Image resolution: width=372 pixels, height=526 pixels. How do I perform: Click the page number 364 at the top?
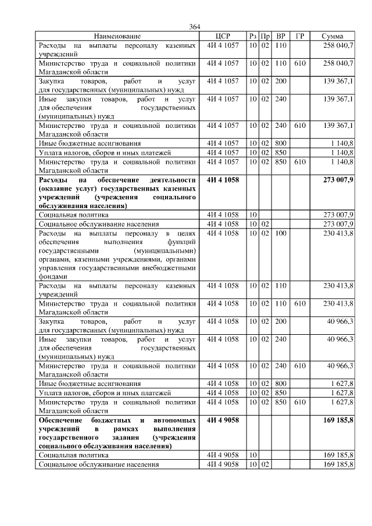[x=194, y=27]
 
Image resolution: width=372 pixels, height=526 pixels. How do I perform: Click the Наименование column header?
[x=117, y=36]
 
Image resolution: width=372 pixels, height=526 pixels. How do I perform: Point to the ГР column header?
[x=300, y=36]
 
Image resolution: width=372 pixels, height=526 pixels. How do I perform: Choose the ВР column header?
[x=281, y=36]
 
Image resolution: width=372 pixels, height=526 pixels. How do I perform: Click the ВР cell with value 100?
[x=281, y=233]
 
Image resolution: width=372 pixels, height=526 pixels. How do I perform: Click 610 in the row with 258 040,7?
[x=301, y=62]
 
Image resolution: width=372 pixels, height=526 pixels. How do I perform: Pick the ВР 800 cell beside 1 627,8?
[x=281, y=384]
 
